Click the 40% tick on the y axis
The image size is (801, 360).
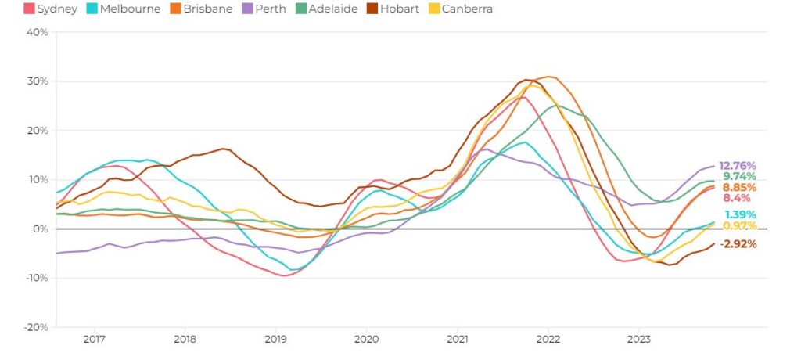point(37,32)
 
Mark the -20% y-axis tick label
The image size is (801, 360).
point(35,327)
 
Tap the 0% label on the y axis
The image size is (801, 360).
point(40,229)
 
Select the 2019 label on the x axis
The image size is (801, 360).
point(275,340)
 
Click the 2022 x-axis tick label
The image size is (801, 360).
point(548,340)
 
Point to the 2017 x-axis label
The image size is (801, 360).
point(94,340)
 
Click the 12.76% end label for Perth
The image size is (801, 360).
point(738,166)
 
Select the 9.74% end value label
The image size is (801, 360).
point(740,177)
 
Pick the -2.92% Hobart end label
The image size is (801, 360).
point(738,244)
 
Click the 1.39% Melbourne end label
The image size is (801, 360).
point(740,214)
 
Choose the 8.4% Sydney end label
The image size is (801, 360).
point(736,199)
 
